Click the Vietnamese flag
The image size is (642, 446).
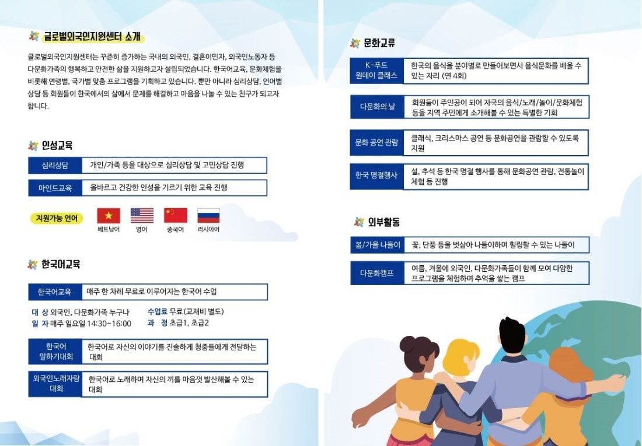pos(109,216)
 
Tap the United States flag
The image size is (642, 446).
pos(142,216)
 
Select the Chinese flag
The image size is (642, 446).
pos(176,216)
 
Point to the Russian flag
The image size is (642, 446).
pos(208,216)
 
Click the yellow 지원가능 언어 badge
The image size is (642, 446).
pos(57,218)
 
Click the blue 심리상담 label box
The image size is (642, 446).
pos(55,166)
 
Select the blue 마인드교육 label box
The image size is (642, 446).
pos(55,188)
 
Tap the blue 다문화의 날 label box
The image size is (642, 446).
pos(377,107)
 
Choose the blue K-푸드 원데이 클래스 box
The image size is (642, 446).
pos(376,71)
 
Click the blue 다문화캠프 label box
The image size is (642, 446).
pos(377,273)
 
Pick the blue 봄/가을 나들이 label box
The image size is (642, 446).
pos(377,245)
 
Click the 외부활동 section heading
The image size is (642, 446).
pos(383,222)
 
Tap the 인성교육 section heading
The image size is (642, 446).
pos(57,145)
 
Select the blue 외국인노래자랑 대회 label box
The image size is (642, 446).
pos(55,384)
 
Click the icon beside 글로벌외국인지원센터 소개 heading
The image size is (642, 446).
pos(34,36)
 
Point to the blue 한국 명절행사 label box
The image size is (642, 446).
pos(376,176)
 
